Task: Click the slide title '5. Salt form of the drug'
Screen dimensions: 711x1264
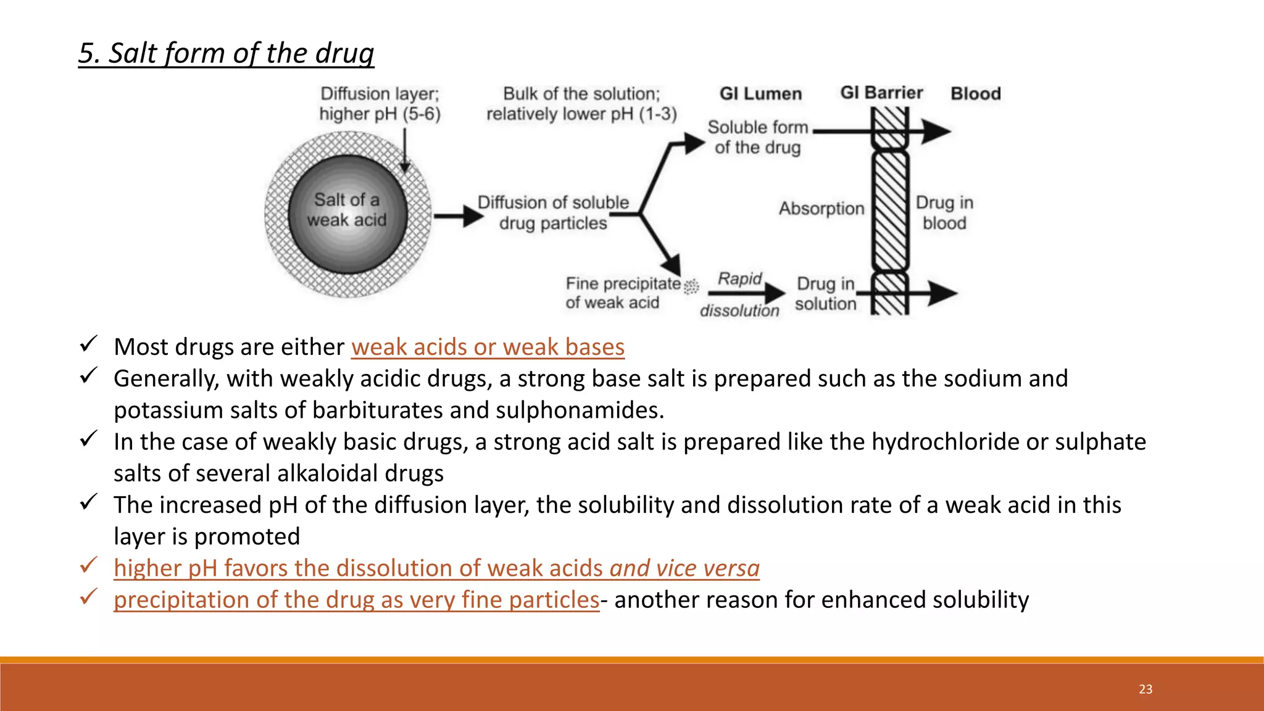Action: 226,53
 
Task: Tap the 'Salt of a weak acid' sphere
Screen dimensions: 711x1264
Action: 347,213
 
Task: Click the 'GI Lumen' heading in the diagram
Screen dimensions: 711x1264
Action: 760,94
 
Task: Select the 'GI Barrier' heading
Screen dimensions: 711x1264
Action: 881,93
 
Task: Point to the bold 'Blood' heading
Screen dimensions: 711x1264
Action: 975,94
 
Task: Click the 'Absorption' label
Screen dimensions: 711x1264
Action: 821,209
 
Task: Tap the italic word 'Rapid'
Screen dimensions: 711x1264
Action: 740,279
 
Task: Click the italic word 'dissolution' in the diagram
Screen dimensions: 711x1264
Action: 739,310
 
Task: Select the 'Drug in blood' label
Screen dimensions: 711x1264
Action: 944,213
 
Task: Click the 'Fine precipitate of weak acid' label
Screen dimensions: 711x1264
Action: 622,293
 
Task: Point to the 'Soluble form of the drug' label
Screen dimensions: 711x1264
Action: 758,137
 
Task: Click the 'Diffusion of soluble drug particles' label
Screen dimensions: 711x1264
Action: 553,213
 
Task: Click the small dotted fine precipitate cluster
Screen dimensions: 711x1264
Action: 691,286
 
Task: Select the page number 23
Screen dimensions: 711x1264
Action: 1145,689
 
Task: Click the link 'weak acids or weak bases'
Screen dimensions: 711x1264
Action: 488,347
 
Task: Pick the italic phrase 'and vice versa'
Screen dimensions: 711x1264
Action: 684,568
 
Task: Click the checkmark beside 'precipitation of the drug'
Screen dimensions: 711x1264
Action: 89,597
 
